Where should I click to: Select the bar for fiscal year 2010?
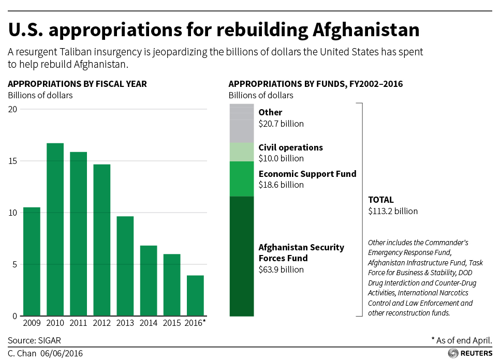pyautogui.click(x=55, y=229)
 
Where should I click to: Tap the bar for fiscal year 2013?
pyautogui.click(x=125, y=266)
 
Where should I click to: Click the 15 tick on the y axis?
pyautogui.click(x=12, y=161)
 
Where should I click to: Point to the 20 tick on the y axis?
pyautogui.click(x=12, y=109)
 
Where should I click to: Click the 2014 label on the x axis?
pyautogui.click(x=149, y=323)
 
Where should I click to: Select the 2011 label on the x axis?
pyautogui.click(x=78, y=323)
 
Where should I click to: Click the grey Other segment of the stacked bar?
pyautogui.click(x=242, y=123)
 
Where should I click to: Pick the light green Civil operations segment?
pyautogui.click(x=242, y=152)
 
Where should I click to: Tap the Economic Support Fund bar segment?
pyautogui.click(x=242, y=179)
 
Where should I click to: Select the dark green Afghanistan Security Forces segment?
pyautogui.click(x=242, y=256)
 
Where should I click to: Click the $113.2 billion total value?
pyautogui.click(x=393, y=211)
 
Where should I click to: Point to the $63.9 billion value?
pyautogui.click(x=281, y=269)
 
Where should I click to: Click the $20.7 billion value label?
pyautogui.click(x=281, y=124)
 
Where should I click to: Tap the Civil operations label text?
pyautogui.click(x=290, y=147)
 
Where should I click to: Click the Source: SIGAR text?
pyautogui.click(x=31, y=340)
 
